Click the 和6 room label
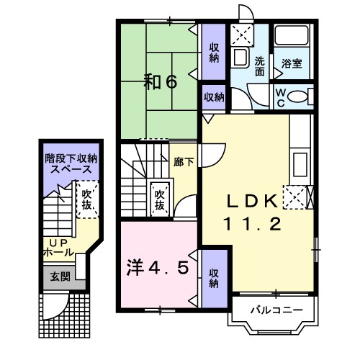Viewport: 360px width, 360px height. point(161,81)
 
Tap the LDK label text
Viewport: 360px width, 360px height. point(252,201)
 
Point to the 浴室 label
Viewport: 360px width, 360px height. point(292,63)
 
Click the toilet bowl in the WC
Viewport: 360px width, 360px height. point(297,96)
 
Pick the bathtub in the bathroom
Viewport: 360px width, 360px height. point(292,35)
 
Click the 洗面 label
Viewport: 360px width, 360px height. point(260,66)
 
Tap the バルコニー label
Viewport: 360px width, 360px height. point(276,310)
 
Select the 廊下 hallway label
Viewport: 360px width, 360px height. point(184,162)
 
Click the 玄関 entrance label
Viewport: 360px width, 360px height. point(60,276)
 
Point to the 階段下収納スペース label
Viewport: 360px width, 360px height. point(71,164)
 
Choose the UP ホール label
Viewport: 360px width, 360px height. point(59,248)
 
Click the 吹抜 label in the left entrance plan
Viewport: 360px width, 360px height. point(86,199)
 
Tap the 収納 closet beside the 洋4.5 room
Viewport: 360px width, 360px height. point(214,279)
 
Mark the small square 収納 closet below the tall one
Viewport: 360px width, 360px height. point(214,97)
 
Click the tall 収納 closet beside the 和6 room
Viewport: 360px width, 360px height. point(214,52)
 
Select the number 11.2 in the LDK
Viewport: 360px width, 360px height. point(252,224)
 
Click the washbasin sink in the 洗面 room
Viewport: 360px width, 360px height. point(240,58)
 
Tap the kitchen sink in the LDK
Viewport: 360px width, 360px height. point(300,164)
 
